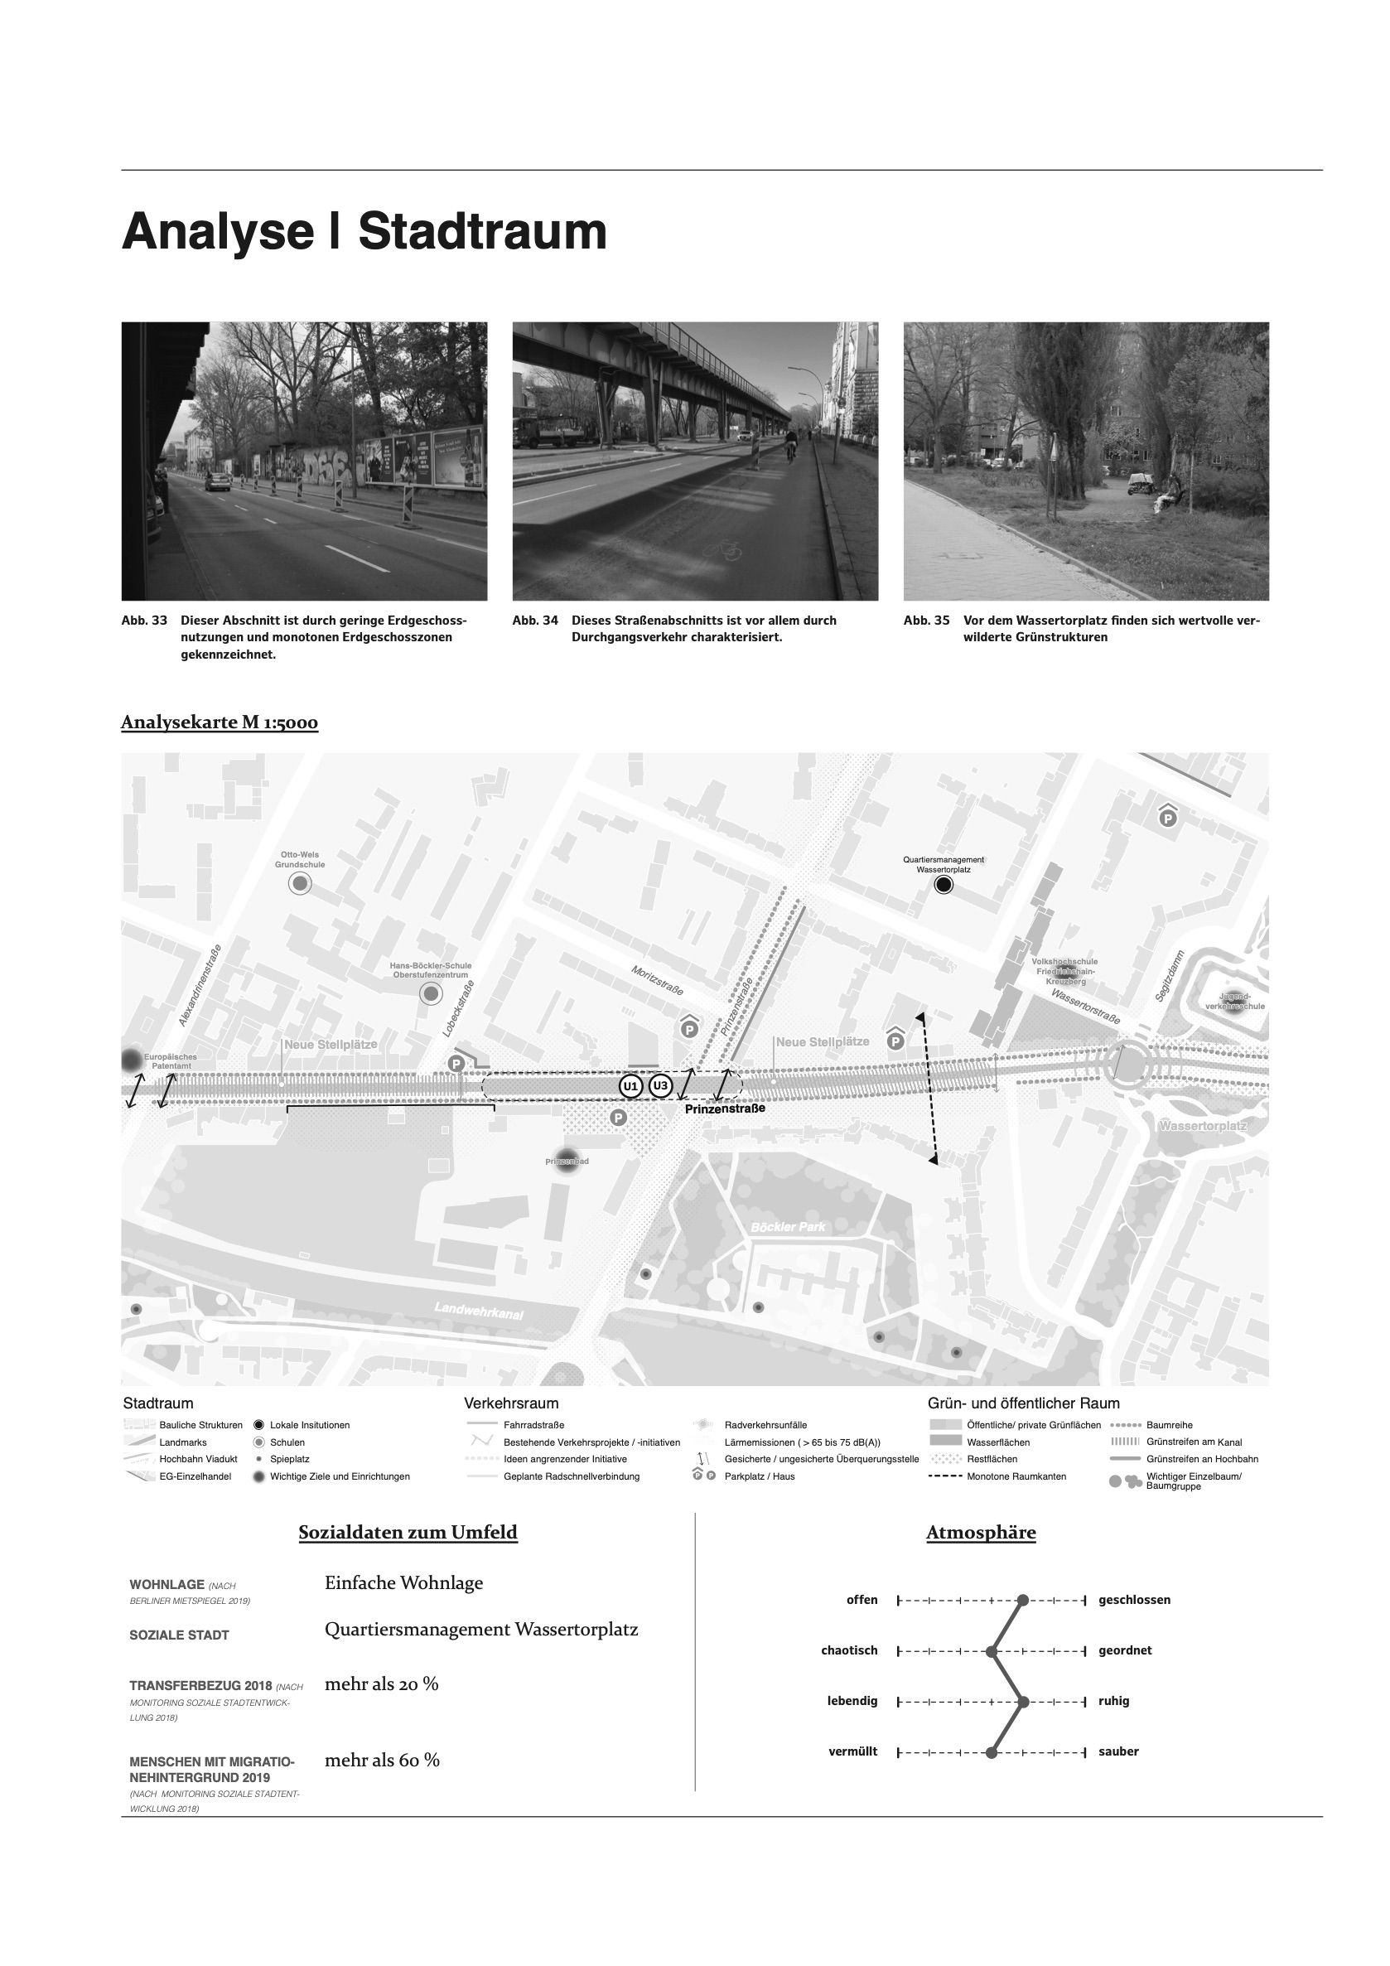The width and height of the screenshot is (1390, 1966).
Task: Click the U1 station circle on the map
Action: point(630,1087)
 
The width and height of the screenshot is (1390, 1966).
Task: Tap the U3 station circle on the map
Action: point(659,1087)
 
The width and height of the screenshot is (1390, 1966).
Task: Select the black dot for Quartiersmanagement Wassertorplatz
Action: point(944,885)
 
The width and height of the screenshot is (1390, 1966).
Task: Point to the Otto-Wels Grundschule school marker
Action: point(300,885)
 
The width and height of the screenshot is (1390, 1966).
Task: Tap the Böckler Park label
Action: point(788,1227)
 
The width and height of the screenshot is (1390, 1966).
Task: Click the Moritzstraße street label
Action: point(658,980)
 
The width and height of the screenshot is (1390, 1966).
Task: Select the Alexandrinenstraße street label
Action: point(200,985)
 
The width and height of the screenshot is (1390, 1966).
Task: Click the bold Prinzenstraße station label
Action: point(724,1108)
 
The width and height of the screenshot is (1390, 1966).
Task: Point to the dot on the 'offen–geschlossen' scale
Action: point(1023,1600)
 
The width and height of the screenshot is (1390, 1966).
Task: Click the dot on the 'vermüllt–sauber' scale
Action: point(992,1752)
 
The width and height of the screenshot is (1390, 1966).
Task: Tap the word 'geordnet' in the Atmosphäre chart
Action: point(1125,1650)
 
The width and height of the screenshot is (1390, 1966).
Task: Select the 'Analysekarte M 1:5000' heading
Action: point(220,722)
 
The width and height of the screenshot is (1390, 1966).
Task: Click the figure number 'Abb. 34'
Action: point(535,620)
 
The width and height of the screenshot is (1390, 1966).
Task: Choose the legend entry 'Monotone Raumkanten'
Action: point(1016,1476)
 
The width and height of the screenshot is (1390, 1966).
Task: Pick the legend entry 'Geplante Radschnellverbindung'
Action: point(571,1476)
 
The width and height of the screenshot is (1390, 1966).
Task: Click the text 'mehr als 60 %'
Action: point(382,1761)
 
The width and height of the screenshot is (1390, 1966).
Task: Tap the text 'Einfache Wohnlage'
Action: point(403,1582)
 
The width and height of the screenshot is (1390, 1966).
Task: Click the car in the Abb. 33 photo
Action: point(217,483)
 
